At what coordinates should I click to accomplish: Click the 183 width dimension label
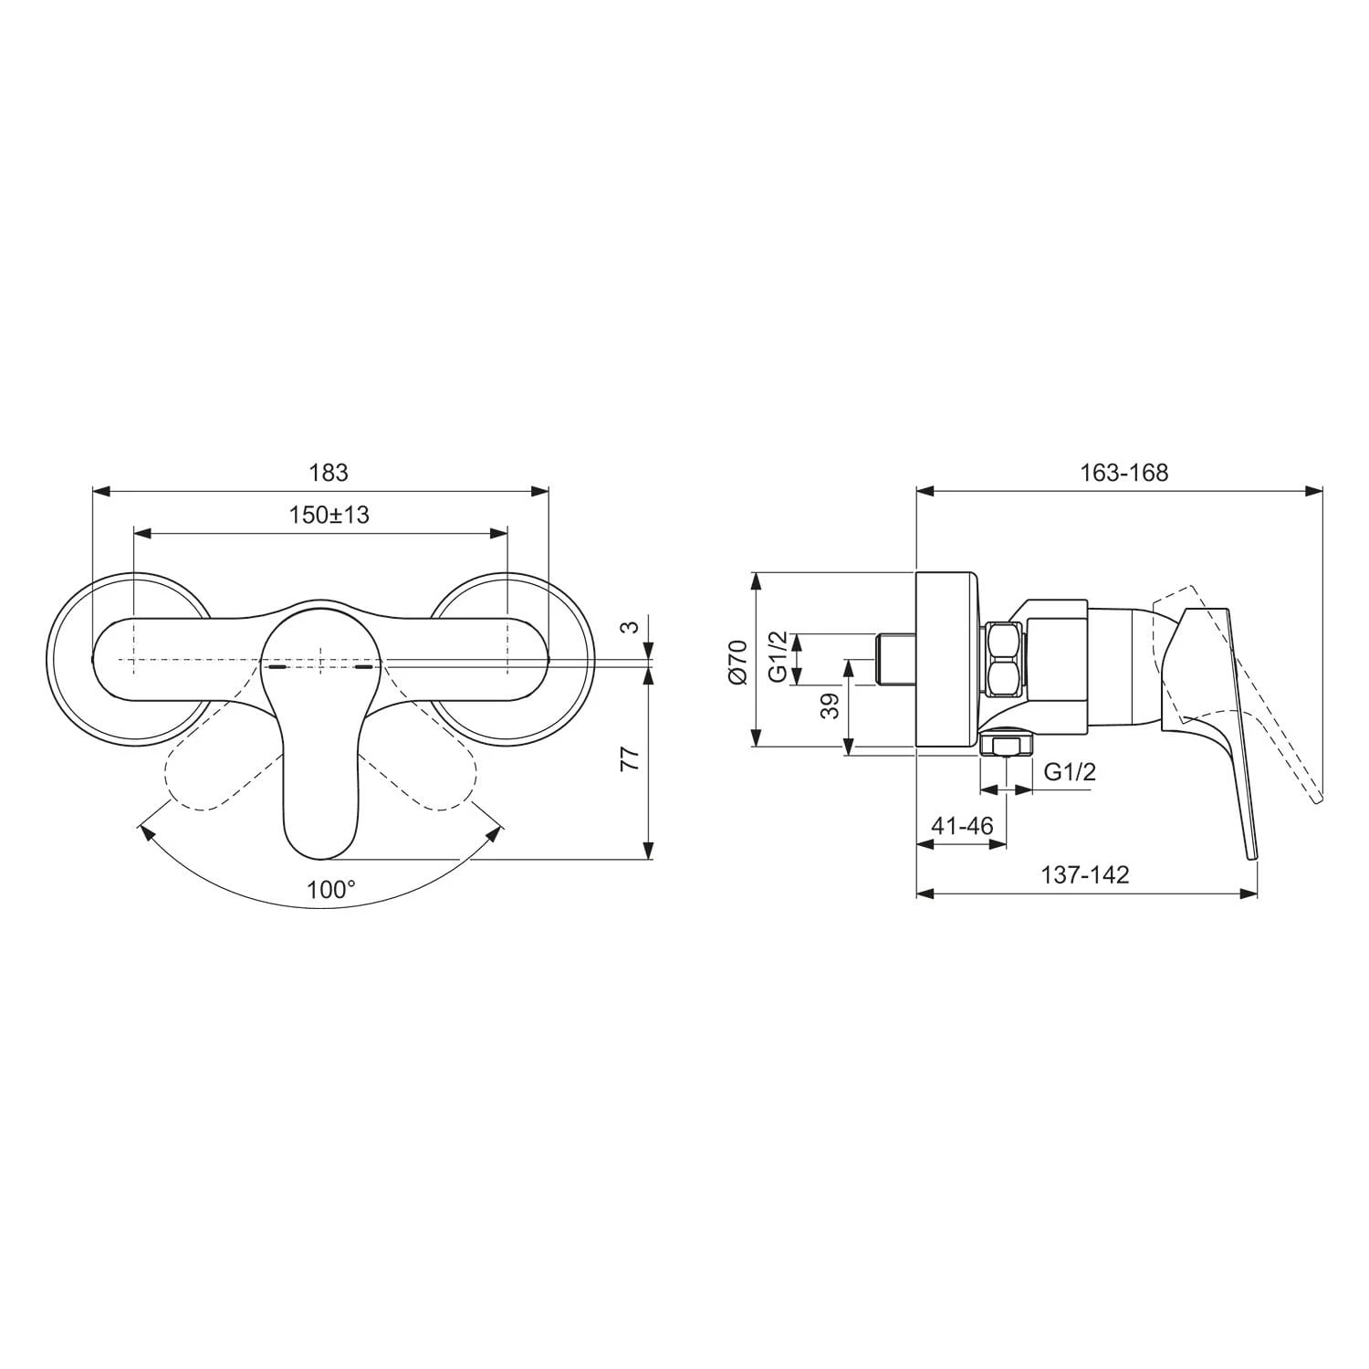coord(329,473)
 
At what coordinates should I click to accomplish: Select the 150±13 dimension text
coord(329,515)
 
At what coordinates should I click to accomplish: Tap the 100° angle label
coord(330,889)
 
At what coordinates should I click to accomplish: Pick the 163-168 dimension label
coord(1124,473)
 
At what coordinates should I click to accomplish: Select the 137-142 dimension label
coord(1085,875)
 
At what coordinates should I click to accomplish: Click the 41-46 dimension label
coord(962,826)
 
